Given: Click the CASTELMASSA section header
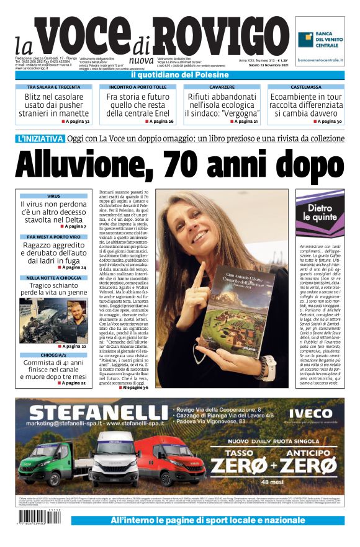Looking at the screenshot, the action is pyautogui.click(x=305, y=87).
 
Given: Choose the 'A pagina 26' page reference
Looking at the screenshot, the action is pyautogui.click(x=160, y=121).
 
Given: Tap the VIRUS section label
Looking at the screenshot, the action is pyautogui.click(x=53, y=196).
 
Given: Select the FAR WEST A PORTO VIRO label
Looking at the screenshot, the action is pyautogui.click(x=53, y=237).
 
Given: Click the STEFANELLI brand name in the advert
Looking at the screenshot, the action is pyautogui.click(x=97, y=412).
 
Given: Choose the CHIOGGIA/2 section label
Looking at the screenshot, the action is pyautogui.click(x=53, y=355).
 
